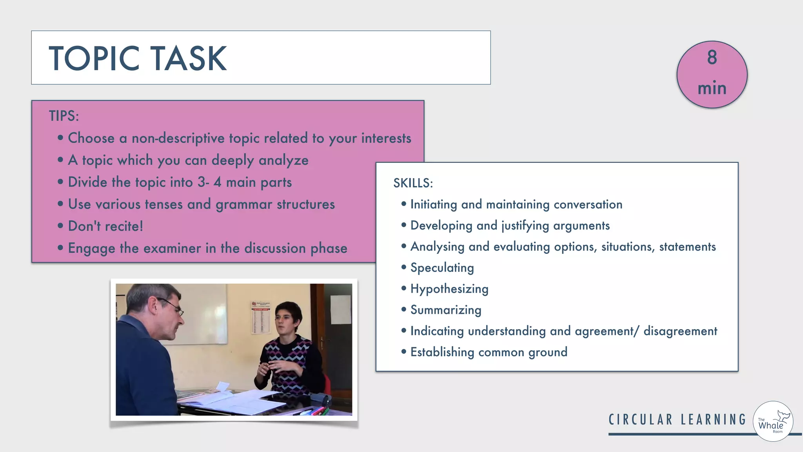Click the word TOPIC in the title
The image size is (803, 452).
94,58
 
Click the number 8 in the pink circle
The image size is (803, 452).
712,57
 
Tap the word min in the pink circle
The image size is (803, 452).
712,88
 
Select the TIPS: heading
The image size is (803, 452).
64,116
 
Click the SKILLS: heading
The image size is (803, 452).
413,183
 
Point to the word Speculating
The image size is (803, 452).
442,268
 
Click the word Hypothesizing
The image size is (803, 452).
449,289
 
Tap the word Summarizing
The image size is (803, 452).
446,310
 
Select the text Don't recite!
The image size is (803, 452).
105,226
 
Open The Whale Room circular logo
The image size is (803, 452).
773,421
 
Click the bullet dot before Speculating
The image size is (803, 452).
403,267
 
